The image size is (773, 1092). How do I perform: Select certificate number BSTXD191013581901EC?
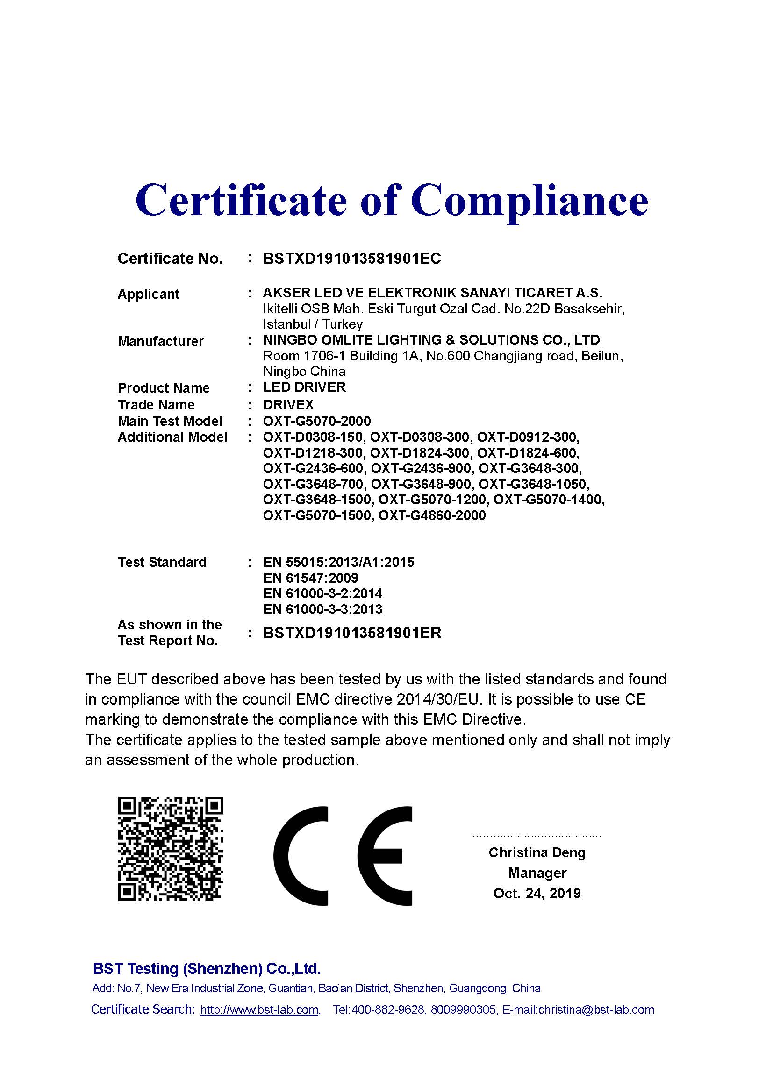(352, 259)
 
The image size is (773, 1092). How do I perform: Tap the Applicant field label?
(149, 294)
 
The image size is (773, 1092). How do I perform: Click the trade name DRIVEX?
(288, 405)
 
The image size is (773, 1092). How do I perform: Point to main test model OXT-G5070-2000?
(317, 421)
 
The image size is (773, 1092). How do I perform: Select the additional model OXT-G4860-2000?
(432, 515)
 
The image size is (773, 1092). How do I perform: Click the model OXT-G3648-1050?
(534, 484)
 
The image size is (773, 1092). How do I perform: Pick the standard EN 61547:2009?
(310, 578)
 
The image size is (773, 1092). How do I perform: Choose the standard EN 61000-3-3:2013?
(323, 609)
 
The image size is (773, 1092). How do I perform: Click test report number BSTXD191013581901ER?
(352, 633)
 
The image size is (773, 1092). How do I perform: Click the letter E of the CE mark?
(385, 856)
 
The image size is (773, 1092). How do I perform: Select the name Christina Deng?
(537, 852)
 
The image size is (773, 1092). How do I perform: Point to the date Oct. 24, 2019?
(537, 893)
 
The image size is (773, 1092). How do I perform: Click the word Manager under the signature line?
(537, 873)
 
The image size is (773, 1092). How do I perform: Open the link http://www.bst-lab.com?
(259, 1010)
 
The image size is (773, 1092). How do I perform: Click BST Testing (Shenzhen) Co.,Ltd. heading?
(207, 968)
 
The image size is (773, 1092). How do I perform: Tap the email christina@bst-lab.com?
(596, 1010)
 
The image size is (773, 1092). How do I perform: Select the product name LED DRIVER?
(304, 387)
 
